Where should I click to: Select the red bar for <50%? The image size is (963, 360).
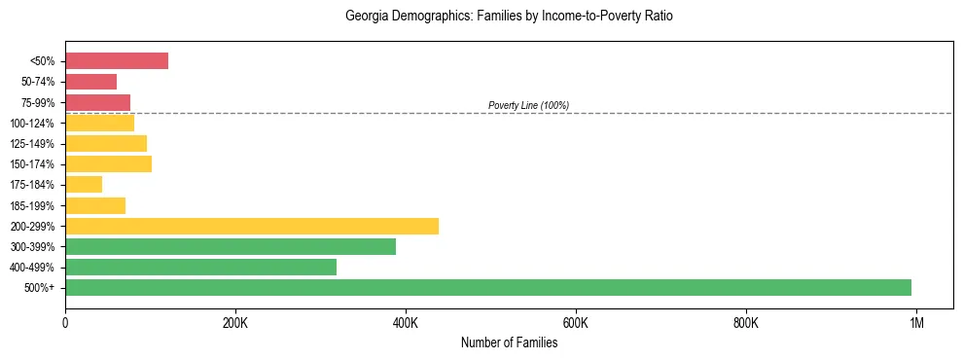[x=117, y=61]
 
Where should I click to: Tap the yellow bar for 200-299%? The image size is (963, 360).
[x=252, y=226]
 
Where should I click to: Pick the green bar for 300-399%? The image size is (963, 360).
[x=231, y=246]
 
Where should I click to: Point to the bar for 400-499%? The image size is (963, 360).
[x=200, y=267]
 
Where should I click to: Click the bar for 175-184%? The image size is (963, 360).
[x=84, y=184]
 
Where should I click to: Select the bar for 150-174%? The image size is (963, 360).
[x=108, y=163]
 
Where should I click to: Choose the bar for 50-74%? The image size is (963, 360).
[x=90, y=82]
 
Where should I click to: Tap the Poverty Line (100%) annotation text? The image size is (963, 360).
[x=528, y=105]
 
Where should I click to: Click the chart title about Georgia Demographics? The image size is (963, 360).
[x=509, y=17]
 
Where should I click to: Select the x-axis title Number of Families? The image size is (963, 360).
[x=509, y=342]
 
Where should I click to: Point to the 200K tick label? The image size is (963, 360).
[x=235, y=323]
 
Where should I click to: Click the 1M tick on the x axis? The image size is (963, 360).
[x=916, y=323]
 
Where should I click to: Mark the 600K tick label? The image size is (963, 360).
[x=576, y=323]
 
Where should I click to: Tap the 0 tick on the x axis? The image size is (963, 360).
[x=65, y=323]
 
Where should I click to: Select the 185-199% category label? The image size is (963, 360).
[x=35, y=205]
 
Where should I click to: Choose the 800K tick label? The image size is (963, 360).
[x=746, y=323]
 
